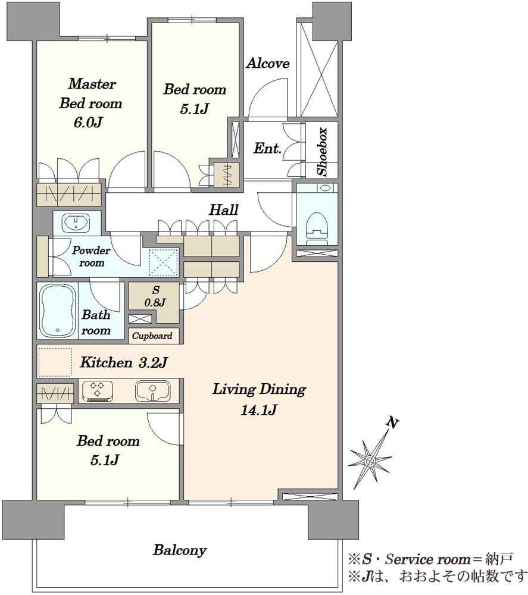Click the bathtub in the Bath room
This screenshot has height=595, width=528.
point(57,310)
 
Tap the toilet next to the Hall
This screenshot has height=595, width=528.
point(317,227)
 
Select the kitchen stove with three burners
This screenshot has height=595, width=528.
point(98,391)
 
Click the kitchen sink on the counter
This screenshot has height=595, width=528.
point(152,392)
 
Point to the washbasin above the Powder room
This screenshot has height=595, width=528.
point(77,223)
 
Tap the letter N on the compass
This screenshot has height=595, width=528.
point(392,422)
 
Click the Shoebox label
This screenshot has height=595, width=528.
point(322,152)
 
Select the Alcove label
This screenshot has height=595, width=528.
point(268,63)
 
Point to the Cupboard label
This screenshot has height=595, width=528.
point(152,336)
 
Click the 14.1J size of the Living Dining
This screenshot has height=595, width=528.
point(259,409)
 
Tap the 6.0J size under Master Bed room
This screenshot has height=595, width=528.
point(88,122)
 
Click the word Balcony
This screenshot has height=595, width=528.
point(180,550)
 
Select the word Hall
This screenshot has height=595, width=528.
point(224,209)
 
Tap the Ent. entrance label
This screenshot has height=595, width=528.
point(268,148)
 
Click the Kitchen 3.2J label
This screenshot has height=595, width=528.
point(124,363)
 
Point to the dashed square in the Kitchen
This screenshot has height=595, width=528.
point(55,362)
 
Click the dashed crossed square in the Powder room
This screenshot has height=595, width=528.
point(164,262)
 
